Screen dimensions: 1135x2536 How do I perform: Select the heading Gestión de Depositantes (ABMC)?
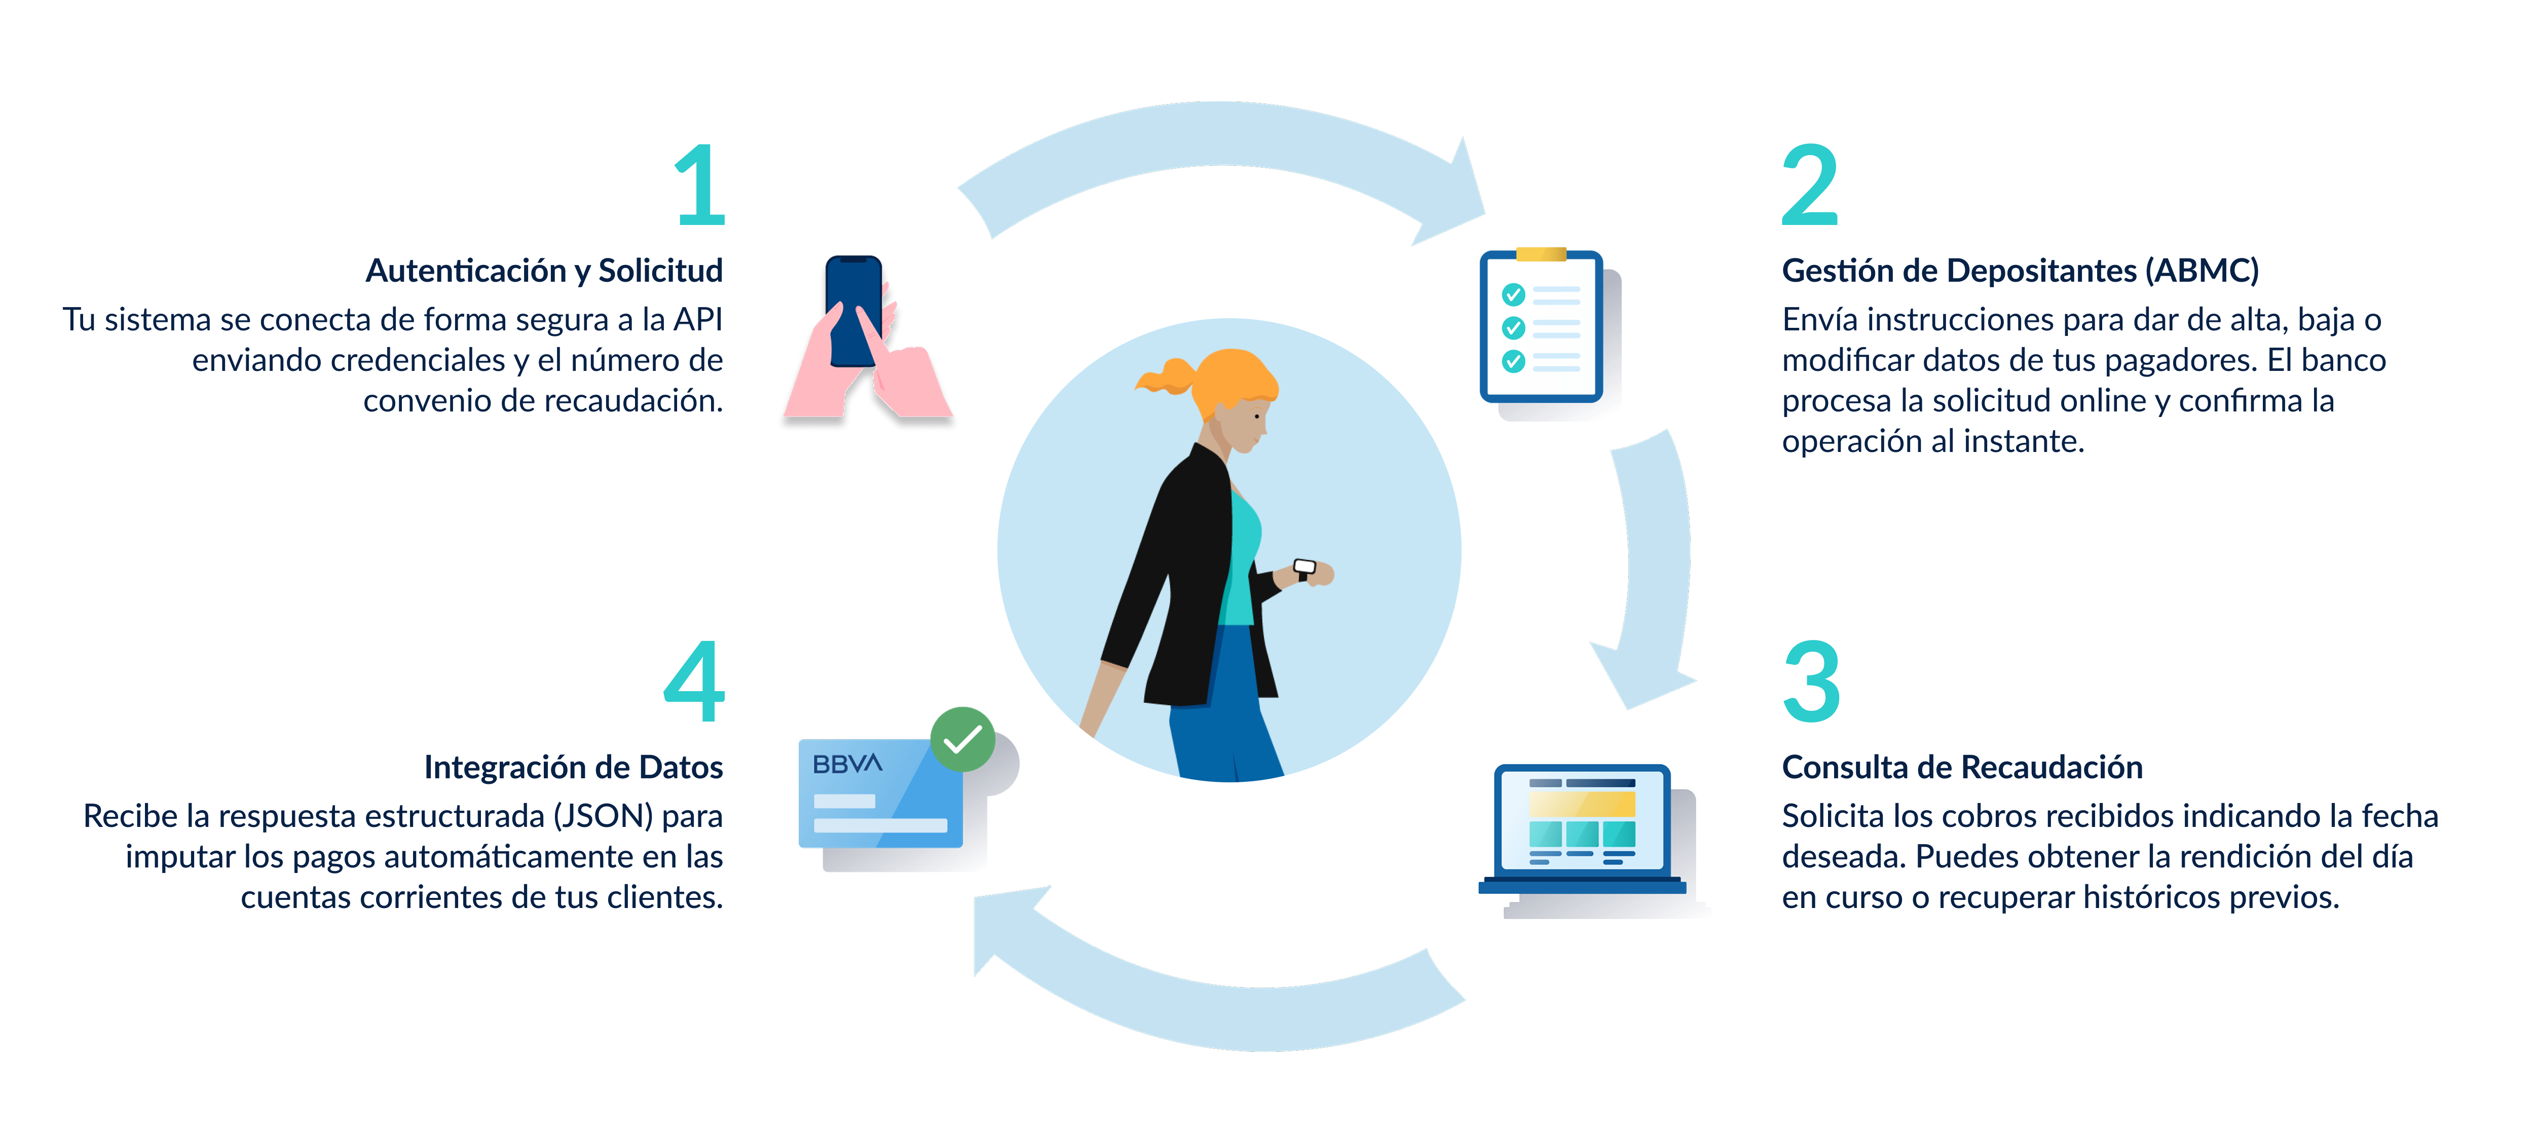click(2020, 271)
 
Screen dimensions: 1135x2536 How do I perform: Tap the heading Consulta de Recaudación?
click(1962, 767)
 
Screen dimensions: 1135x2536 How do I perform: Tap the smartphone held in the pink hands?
click(853, 310)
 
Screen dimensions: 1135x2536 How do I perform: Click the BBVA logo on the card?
click(847, 764)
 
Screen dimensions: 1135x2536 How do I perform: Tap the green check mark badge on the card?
click(962, 738)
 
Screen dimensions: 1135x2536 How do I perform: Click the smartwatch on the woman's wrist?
click(1304, 568)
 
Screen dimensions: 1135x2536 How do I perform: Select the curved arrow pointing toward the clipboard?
click(1221, 147)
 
